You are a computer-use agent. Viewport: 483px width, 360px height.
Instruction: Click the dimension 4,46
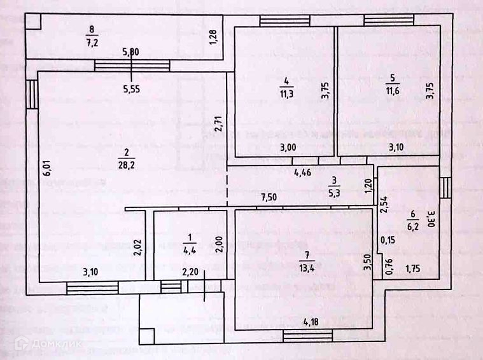[x=304, y=172]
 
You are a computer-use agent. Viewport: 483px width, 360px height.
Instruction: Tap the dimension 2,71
[x=218, y=123]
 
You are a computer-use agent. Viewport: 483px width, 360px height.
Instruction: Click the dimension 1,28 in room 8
[x=214, y=39]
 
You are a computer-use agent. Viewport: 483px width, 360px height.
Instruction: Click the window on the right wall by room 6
[x=446, y=188]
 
